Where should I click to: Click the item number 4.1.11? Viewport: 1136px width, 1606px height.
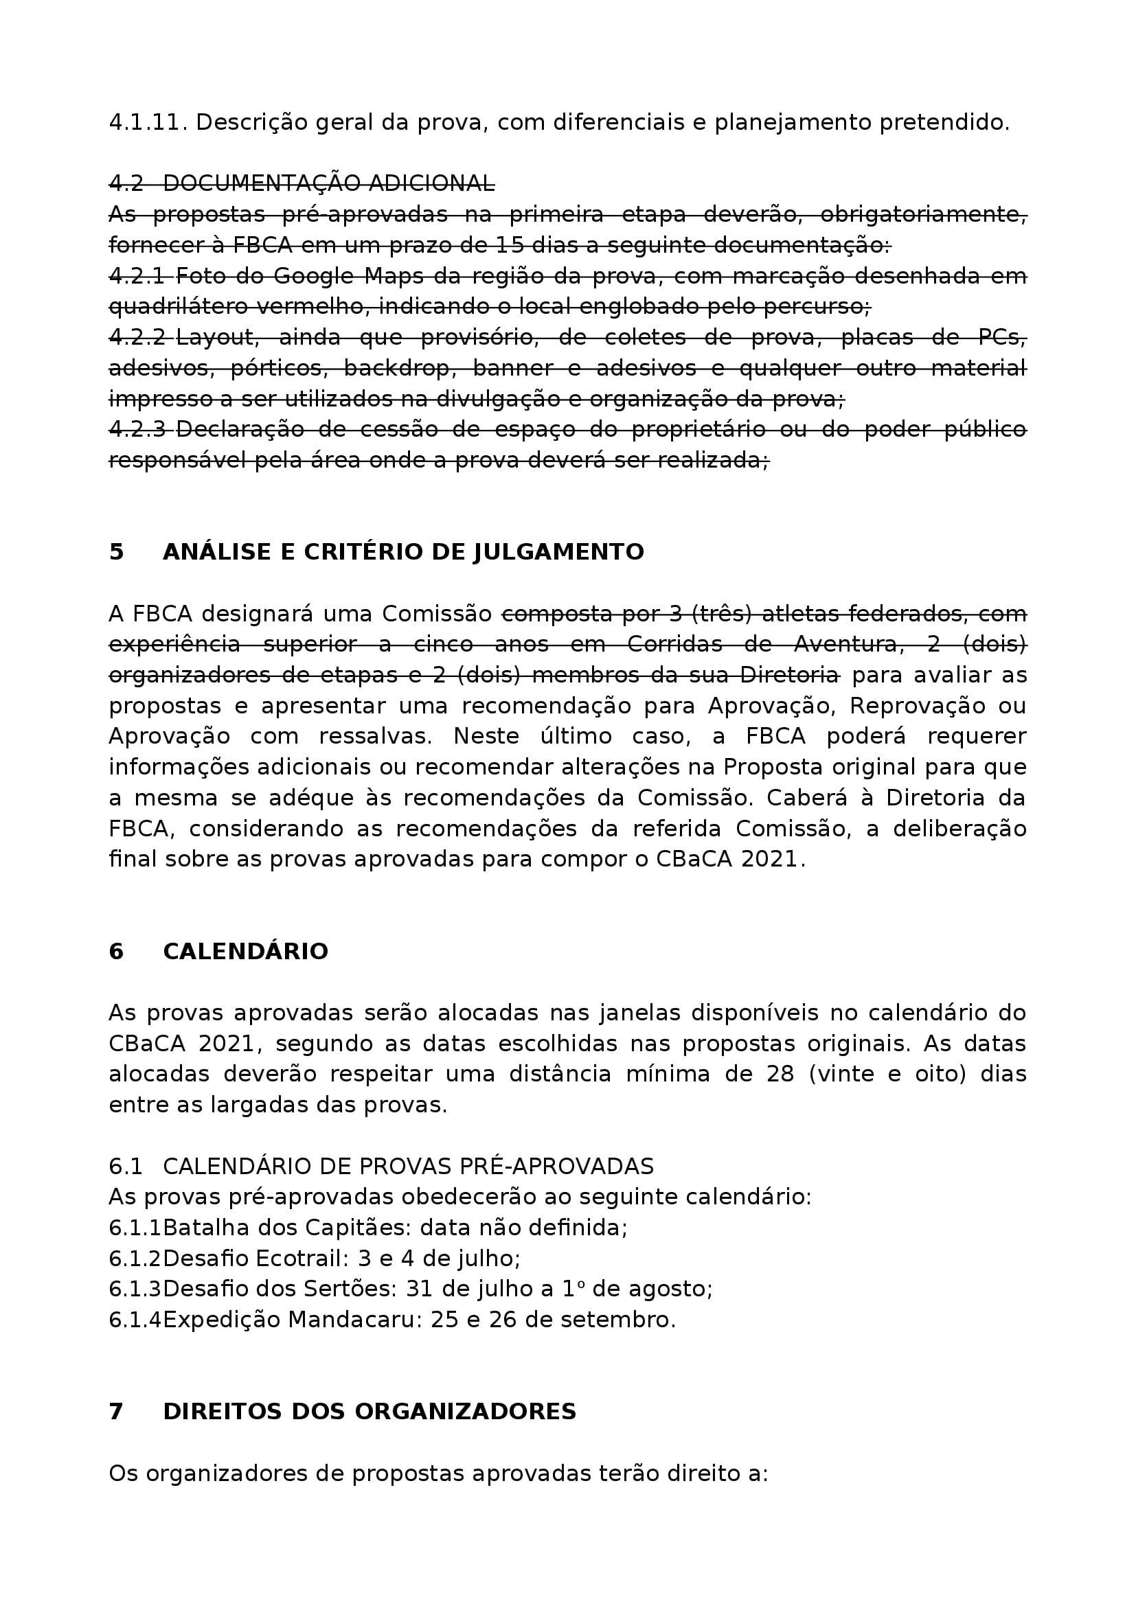[148, 122]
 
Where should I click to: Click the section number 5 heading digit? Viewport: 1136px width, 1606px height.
[116, 552]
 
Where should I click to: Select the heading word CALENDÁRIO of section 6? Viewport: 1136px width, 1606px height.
[245, 951]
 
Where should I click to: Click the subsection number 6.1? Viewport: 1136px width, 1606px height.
[125, 1166]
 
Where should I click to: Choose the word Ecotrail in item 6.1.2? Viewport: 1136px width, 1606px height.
[302, 1259]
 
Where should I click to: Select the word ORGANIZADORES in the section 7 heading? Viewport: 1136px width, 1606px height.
[465, 1412]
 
